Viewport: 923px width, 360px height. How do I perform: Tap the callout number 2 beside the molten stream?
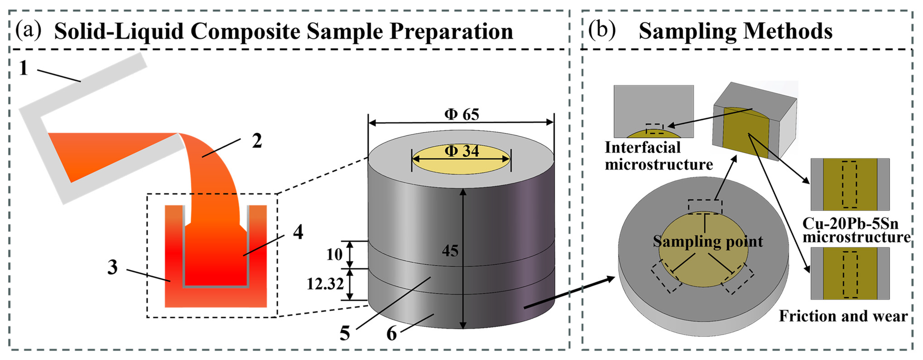click(x=257, y=141)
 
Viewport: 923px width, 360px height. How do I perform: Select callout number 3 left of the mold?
click(x=113, y=267)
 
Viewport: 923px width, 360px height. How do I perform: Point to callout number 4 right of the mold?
click(x=298, y=232)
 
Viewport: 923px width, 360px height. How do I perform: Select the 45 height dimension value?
click(x=450, y=251)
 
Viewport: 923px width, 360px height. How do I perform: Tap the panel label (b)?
click(x=602, y=30)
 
